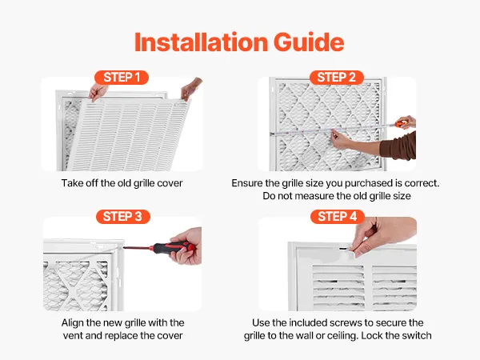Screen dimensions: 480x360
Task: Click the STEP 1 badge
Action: click(122, 77)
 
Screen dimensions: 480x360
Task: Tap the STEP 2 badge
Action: click(337, 77)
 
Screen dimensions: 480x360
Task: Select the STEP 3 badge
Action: click(122, 217)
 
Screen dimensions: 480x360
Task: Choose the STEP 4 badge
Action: click(338, 217)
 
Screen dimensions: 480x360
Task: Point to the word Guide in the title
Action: click(309, 42)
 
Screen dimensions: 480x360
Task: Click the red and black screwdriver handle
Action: click(174, 248)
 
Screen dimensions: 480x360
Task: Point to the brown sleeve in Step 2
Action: click(398, 146)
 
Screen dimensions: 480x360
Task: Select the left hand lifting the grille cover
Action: click(98, 91)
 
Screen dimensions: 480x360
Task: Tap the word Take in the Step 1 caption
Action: click(72, 183)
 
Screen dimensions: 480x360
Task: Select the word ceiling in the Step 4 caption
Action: click(342, 336)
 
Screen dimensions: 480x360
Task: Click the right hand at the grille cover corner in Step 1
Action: click(190, 88)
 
